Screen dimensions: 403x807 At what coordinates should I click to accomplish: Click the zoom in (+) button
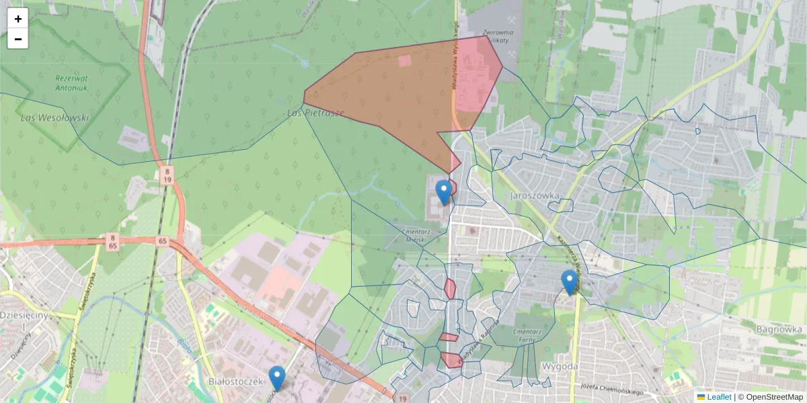[17, 19]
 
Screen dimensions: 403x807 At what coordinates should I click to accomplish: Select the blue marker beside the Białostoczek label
[276, 377]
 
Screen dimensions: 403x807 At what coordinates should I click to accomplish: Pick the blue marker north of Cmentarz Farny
[570, 281]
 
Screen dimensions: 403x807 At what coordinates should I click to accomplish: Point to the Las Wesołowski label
[55, 118]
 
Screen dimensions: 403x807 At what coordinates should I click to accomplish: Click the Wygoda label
[560, 367]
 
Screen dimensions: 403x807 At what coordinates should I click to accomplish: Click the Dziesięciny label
[22, 314]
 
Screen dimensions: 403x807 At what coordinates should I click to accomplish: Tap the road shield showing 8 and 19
[167, 176]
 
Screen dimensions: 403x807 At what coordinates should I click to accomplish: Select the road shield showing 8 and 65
[112, 242]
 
